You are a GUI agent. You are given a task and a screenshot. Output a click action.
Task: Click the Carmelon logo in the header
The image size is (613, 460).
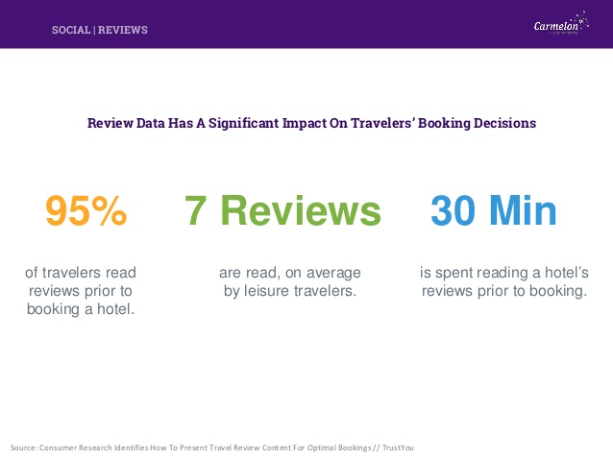tap(561, 24)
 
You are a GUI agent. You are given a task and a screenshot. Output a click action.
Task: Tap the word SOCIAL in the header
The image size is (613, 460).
tap(71, 30)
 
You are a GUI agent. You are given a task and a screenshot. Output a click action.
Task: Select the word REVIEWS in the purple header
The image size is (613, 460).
tap(123, 30)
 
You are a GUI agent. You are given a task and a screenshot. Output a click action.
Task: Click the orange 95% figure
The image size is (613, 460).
tap(86, 211)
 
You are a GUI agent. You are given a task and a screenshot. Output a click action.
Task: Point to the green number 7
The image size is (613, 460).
tap(195, 211)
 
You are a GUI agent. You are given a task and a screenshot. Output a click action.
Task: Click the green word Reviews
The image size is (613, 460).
tap(301, 211)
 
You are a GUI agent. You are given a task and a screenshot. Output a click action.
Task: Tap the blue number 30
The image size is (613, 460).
tap(454, 211)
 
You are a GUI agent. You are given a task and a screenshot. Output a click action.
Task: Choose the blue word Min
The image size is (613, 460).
tap(523, 210)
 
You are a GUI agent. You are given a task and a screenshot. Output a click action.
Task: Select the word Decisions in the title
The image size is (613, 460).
tap(504, 123)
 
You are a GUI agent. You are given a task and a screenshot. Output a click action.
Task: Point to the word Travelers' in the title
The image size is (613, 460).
tap(382, 123)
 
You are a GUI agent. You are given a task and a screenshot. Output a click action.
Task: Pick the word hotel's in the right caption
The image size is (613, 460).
tap(567, 273)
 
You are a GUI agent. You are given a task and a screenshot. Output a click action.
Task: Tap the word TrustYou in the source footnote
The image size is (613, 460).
tap(398, 448)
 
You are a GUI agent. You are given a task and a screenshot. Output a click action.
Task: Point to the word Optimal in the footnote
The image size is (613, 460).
tap(321, 448)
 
